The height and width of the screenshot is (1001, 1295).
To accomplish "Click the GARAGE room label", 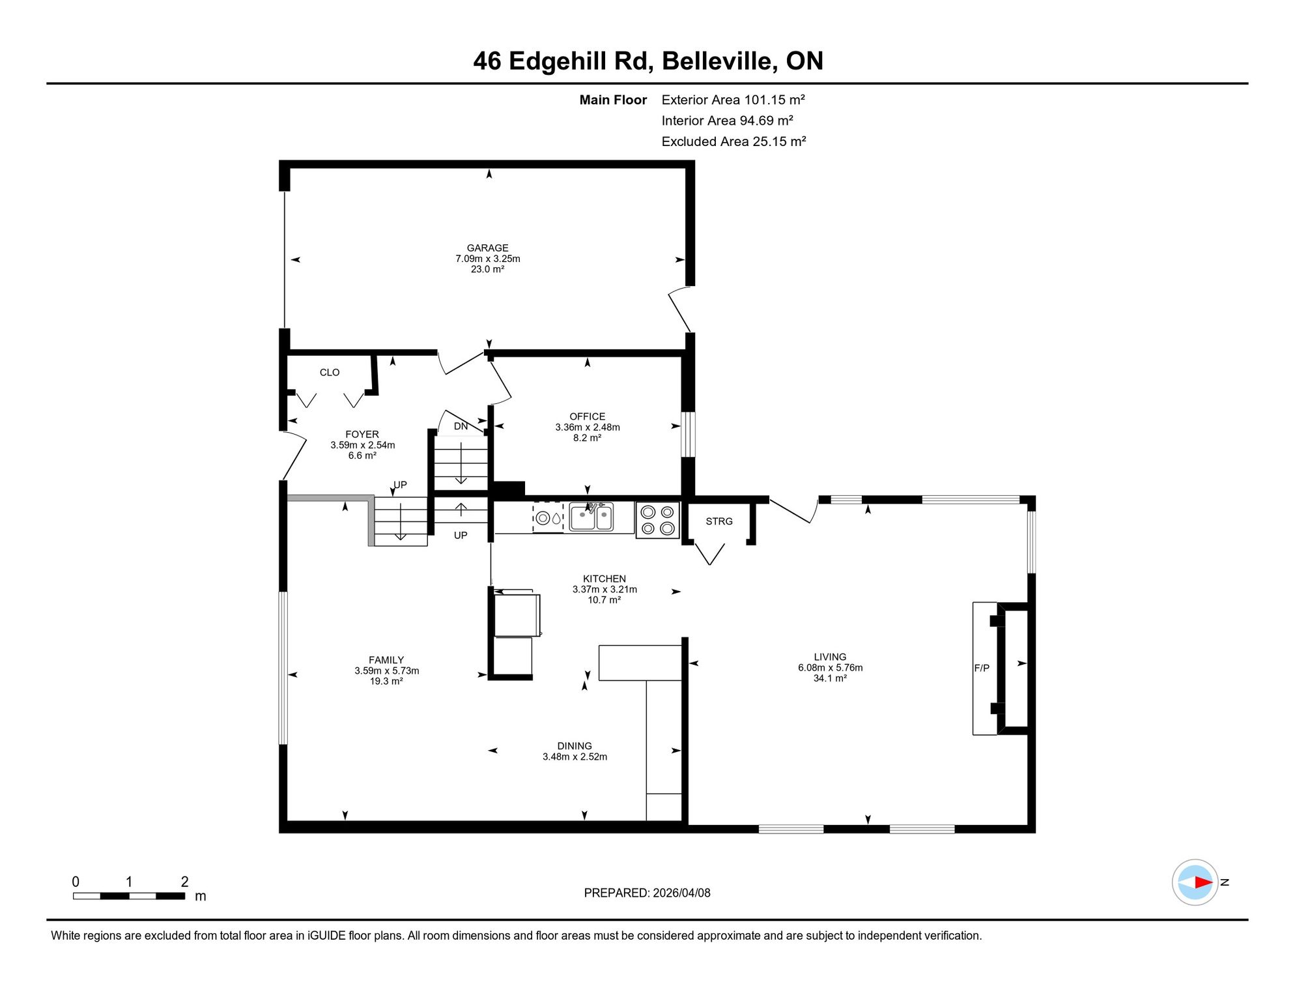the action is pyautogui.click(x=487, y=248).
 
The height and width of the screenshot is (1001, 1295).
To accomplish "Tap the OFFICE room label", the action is pyautogui.click(x=587, y=416).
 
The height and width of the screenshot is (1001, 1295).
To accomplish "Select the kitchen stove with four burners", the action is pyautogui.click(x=657, y=520).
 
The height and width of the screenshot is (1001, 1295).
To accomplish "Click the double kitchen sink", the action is pyautogui.click(x=591, y=517).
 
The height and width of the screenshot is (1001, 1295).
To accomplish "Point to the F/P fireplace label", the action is pyautogui.click(x=982, y=668).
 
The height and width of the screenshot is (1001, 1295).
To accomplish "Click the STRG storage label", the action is pyautogui.click(x=719, y=521).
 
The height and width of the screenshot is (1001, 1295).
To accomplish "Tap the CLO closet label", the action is pyautogui.click(x=330, y=372).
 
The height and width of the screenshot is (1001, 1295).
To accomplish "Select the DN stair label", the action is pyautogui.click(x=461, y=426).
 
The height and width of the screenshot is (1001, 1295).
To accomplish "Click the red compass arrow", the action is pyautogui.click(x=1203, y=882).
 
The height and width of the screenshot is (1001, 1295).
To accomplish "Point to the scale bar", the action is pyautogui.click(x=129, y=896).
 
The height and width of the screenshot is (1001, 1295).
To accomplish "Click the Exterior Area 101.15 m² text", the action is pyautogui.click(x=733, y=100).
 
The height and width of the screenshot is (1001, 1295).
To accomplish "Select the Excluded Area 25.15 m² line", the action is pyautogui.click(x=733, y=141).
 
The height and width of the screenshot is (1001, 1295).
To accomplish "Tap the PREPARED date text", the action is pyautogui.click(x=647, y=893).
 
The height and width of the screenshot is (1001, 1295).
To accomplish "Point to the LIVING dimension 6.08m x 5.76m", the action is pyautogui.click(x=830, y=667).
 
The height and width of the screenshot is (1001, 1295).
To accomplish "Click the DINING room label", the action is pyautogui.click(x=575, y=746).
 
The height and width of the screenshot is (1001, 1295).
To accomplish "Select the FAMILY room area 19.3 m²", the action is pyautogui.click(x=386, y=681).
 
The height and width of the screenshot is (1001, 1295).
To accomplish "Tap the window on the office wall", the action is pyautogui.click(x=688, y=434).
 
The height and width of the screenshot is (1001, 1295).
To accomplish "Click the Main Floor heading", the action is pyautogui.click(x=613, y=100).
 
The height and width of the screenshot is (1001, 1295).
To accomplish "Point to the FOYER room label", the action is pyautogui.click(x=362, y=434).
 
